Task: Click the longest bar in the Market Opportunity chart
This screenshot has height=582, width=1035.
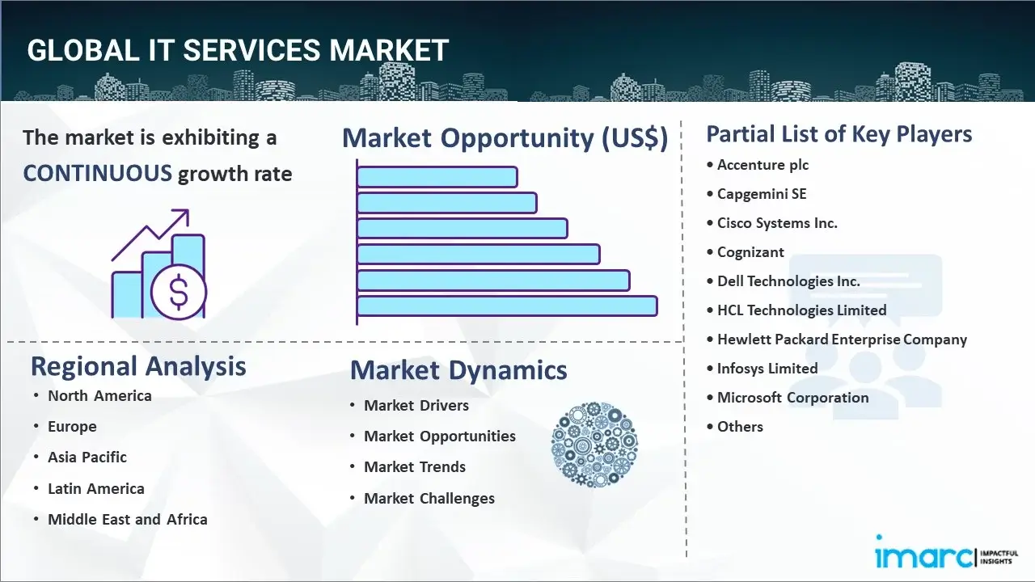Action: pos(507,306)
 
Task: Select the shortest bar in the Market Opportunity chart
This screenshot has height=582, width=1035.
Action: pos(437,177)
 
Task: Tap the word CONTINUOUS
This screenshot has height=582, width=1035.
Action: pos(98,174)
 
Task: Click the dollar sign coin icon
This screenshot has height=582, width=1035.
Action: pos(179,292)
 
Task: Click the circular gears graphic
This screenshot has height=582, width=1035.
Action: pos(594,445)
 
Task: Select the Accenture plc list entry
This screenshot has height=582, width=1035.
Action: pos(763,165)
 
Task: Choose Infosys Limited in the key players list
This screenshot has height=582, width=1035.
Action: pos(767,368)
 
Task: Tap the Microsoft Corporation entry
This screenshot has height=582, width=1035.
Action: pos(792,397)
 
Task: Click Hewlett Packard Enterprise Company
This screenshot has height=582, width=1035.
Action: pos(842,339)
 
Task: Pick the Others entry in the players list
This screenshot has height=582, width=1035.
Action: pos(740,426)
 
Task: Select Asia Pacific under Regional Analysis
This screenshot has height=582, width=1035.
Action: pos(87,457)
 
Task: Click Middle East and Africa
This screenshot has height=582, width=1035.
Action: pos(128,519)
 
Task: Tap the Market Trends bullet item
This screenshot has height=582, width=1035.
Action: pos(415,466)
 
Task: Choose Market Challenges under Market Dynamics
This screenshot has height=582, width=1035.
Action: pos(429,498)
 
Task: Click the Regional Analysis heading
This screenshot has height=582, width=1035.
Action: pos(138,367)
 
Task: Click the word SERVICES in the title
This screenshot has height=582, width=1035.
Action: pos(251,50)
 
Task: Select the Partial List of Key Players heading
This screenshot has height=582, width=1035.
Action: pos(839,134)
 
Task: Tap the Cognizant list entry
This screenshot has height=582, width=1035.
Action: pos(750,252)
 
